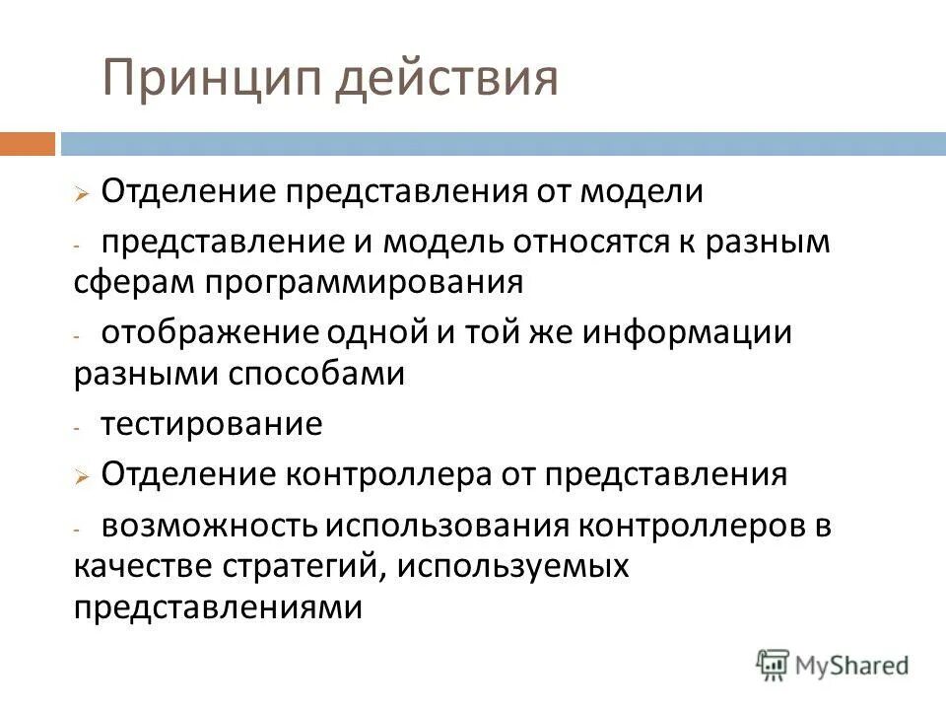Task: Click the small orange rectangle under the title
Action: click(27, 144)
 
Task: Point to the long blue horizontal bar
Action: click(503, 144)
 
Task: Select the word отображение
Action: click(205, 332)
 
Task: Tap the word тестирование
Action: click(211, 425)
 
